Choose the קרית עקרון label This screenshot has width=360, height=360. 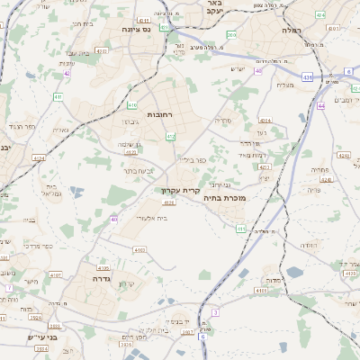[x=179, y=190]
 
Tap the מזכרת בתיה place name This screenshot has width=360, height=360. [x=224, y=197]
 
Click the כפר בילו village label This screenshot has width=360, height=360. [x=192, y=159]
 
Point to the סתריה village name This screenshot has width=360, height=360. [x=222, y=120]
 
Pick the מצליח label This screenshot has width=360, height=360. [x=284, y=85]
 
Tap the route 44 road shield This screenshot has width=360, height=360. [x=321, y=105]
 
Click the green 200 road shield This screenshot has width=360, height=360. [x=232, y=35]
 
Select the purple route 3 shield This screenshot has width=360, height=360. [x=215, y=311]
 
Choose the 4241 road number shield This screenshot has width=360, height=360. [x=326, y=179]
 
